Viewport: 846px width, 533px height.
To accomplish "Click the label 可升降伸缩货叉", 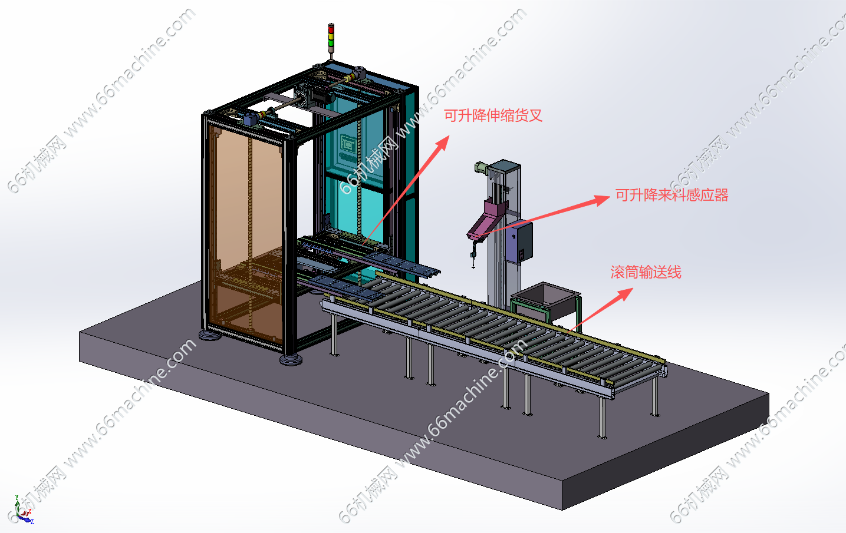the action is pos(493,115).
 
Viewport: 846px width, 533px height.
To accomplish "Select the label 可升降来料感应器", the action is pos(672,195).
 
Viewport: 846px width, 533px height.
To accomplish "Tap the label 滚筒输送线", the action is pos(646,272).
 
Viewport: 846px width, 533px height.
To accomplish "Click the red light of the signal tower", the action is pos(331,28).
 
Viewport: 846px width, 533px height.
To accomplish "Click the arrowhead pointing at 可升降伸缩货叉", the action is pos(442,143).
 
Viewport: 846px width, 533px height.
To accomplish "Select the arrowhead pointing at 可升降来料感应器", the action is pos(602,200).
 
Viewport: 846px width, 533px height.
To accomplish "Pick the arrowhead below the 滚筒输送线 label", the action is pos(626,294).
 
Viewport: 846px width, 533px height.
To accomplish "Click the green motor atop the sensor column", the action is pos(481,167).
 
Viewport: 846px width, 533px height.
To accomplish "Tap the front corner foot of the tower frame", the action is pos(291,359).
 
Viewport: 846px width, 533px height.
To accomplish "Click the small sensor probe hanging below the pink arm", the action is pos(473,253).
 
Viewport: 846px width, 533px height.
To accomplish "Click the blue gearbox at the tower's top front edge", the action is pos(250,119).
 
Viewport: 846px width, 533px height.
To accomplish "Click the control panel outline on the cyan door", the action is pos(347,144).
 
